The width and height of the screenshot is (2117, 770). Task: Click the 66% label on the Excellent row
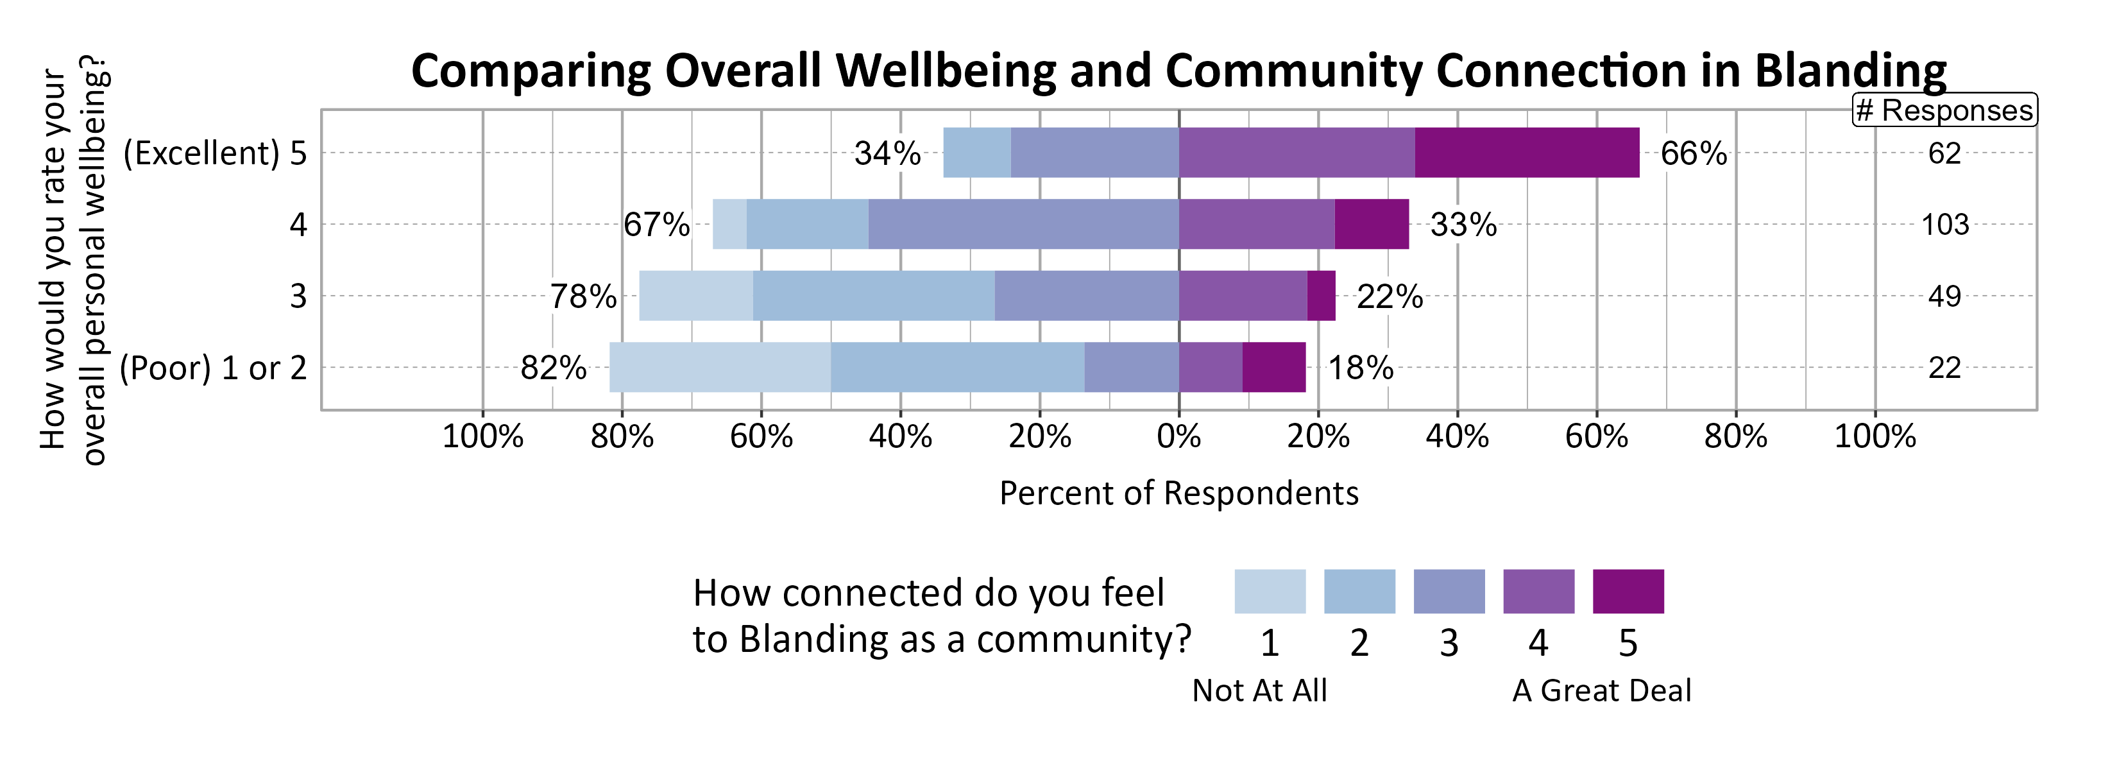(1693, 153)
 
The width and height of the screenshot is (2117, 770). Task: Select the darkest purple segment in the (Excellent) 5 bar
(1526, 153)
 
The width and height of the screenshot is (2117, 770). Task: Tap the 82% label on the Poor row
(553, 367)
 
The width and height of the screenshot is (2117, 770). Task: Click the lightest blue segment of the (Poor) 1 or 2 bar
(719, 367)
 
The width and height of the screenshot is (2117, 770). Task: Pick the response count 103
(1944, 225)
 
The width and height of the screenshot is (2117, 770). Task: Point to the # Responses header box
(1944, 110)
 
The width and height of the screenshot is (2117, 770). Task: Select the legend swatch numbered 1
(1269, 592)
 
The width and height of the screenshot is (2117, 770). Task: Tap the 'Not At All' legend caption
(1259, 690)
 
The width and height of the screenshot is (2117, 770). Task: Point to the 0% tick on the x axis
(1178, 436)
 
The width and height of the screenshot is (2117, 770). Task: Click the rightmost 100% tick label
(1875, 436)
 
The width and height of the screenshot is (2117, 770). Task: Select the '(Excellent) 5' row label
(214, 153)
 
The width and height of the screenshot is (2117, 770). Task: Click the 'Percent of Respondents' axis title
(1178, 493)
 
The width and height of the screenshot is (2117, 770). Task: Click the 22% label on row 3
(1389, 296)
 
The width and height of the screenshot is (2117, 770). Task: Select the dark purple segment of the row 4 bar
(1371, 225)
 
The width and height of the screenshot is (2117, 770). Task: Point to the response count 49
(1944, 296)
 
